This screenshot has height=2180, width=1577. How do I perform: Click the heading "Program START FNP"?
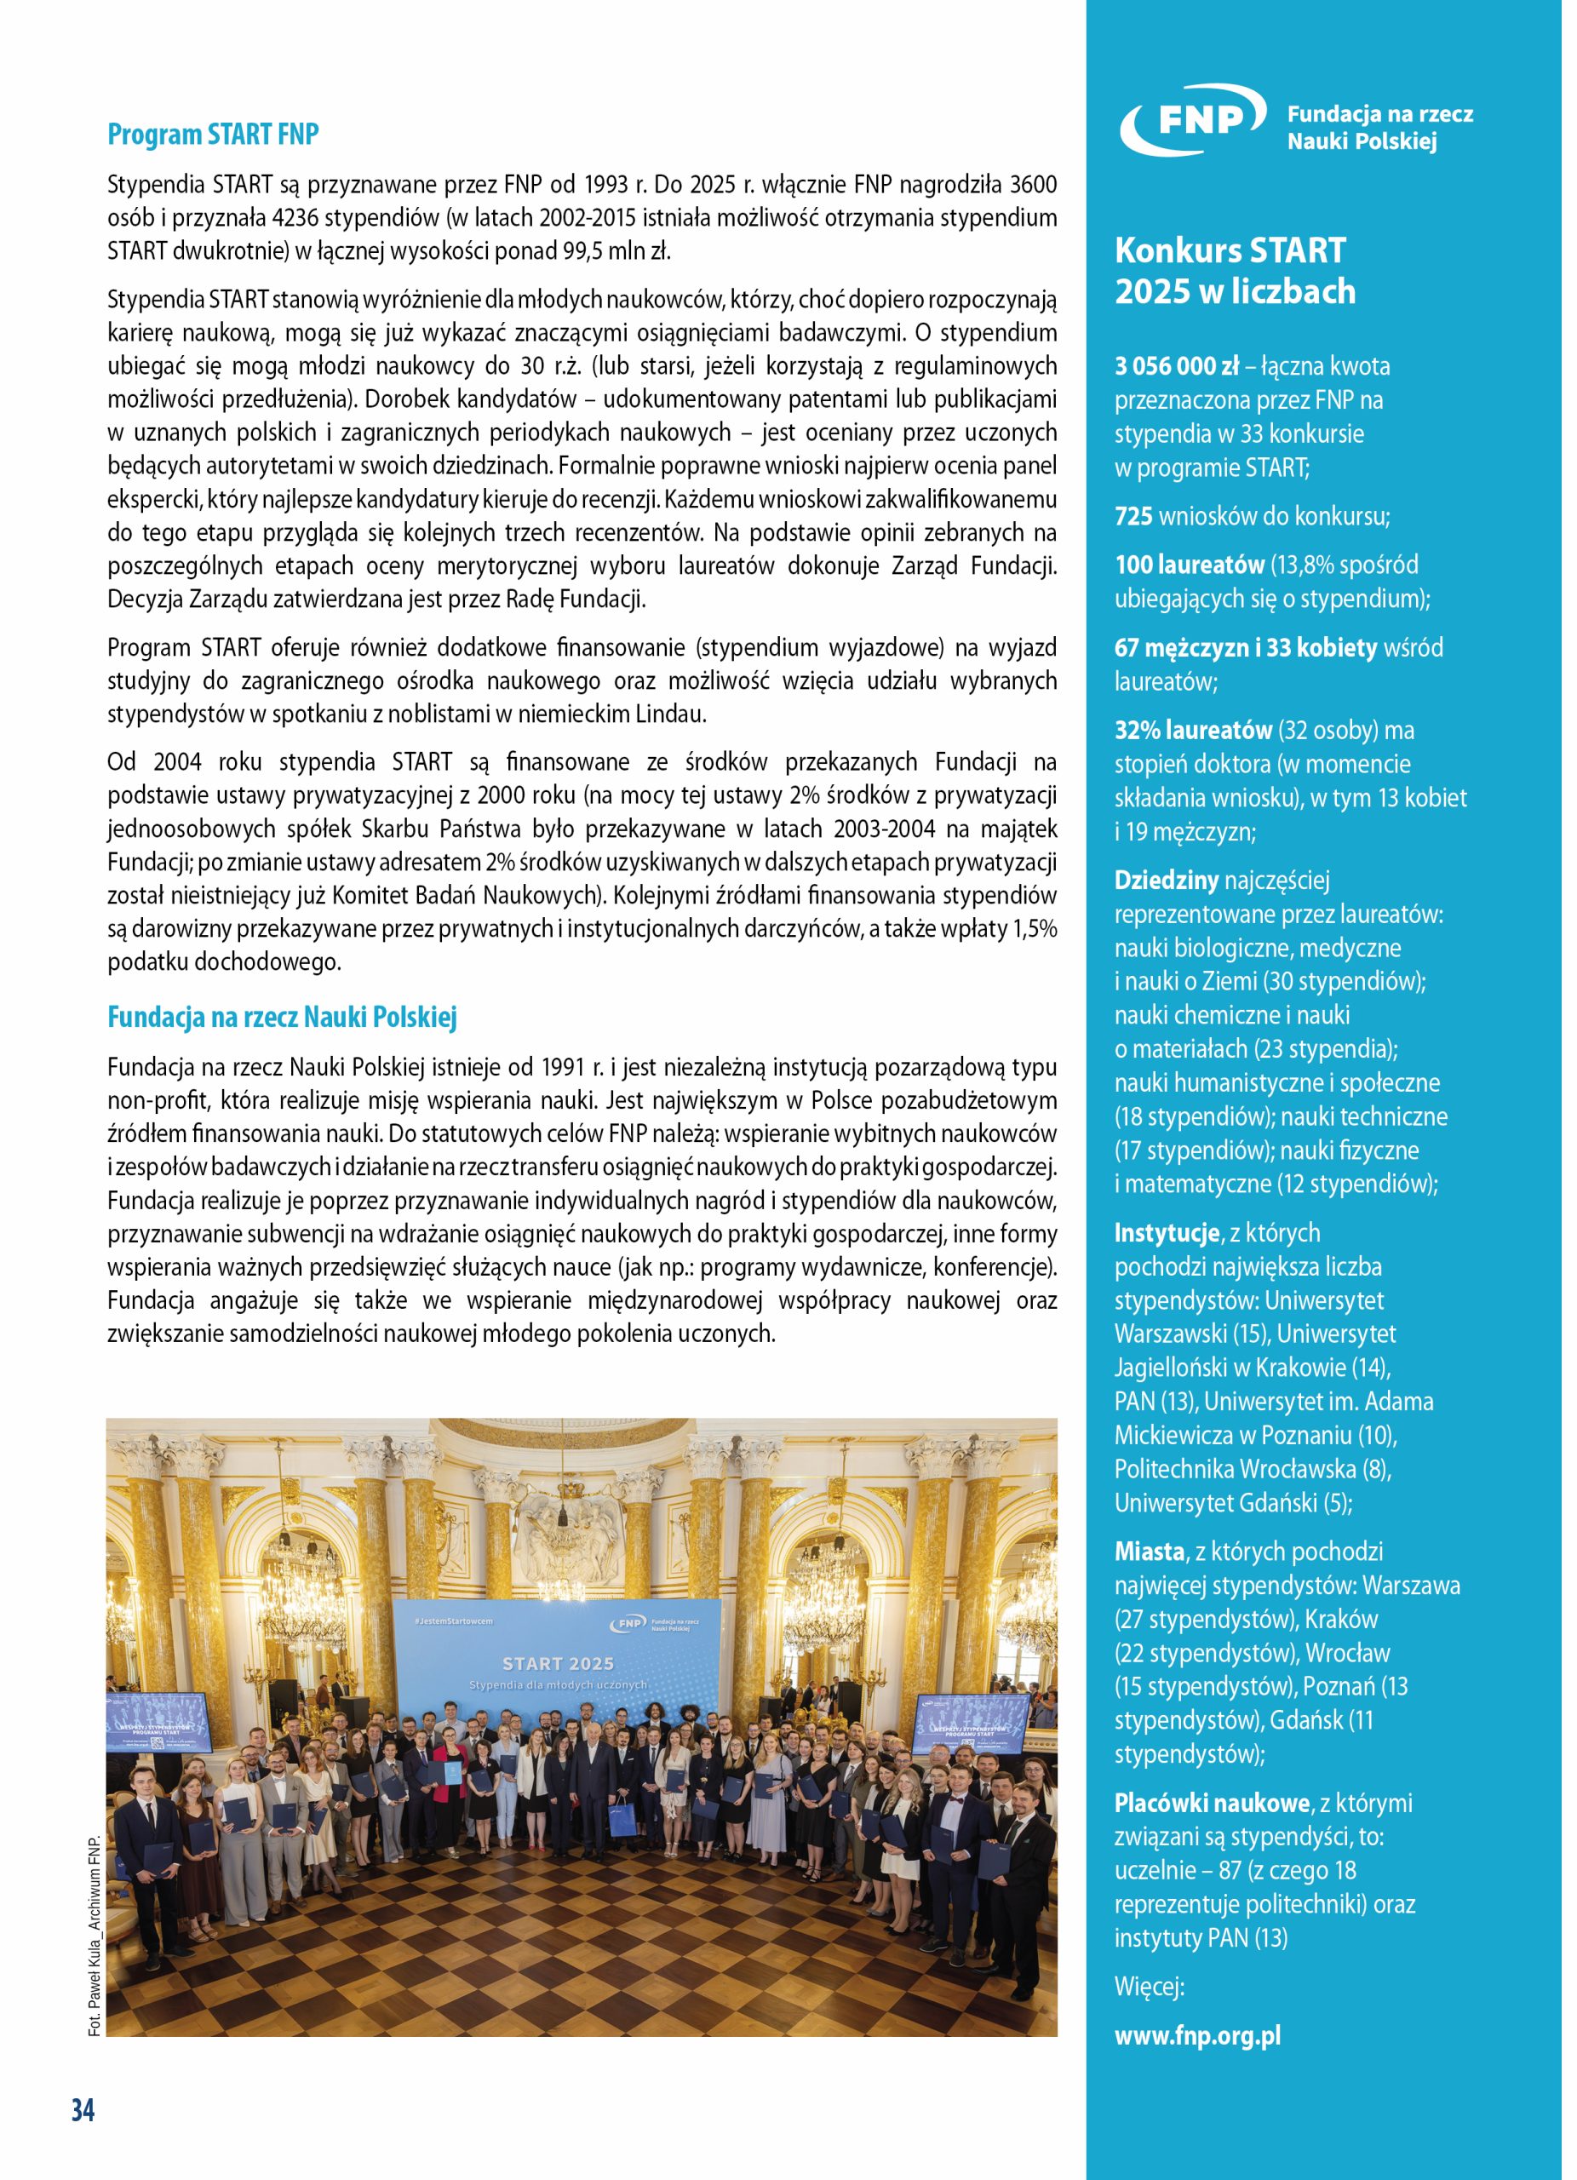pos(215,135)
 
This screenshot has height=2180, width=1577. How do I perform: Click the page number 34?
pos(83,2111)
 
